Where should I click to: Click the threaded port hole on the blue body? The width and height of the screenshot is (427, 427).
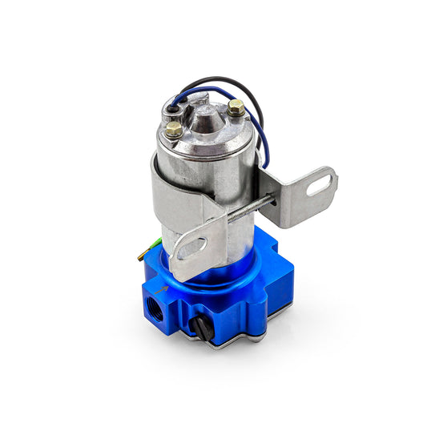pos(155,307)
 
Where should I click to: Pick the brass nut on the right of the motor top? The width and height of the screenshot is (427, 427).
pos(236,107)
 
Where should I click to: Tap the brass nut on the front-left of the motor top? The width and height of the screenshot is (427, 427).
pos(174,128)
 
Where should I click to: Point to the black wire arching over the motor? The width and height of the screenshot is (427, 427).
pos(216,84)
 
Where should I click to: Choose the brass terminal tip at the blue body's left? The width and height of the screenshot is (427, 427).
pos(141,256)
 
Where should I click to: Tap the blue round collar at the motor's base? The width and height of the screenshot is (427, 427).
pos(216,268)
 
